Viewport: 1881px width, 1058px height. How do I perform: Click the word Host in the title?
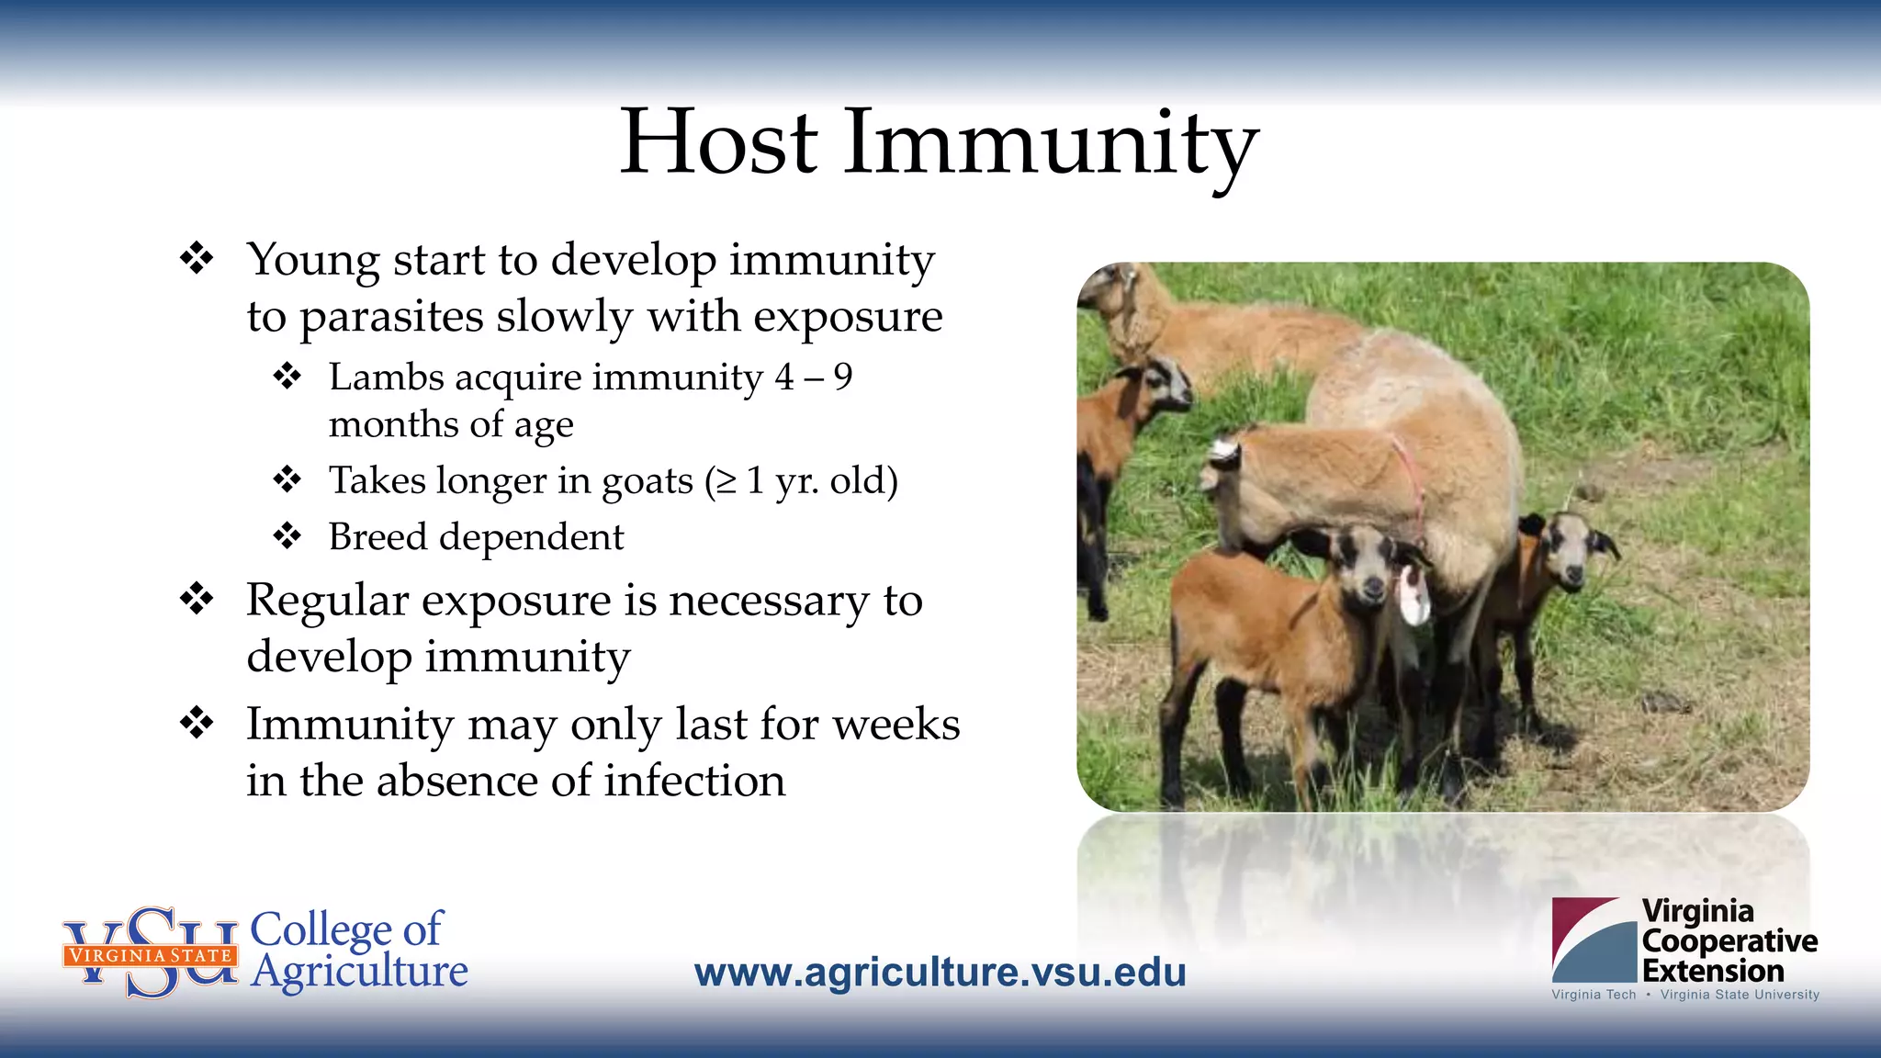coord(718,142)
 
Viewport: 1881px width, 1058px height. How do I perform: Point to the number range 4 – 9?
coord(814,377)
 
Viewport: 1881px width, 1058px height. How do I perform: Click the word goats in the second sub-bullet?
coord(647,481)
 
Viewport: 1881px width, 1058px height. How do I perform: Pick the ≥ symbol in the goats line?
coord(726,481)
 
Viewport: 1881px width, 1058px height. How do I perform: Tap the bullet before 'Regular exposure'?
coord(197,599)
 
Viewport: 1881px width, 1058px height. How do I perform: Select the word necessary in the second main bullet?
coord(768,602)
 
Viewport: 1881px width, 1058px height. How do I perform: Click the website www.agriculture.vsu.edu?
coord(940,973)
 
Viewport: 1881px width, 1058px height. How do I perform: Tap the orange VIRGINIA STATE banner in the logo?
coord(151,955)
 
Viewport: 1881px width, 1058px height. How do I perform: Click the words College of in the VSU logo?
coord(346,929)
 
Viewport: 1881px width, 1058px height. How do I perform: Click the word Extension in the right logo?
coord(1712,971)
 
